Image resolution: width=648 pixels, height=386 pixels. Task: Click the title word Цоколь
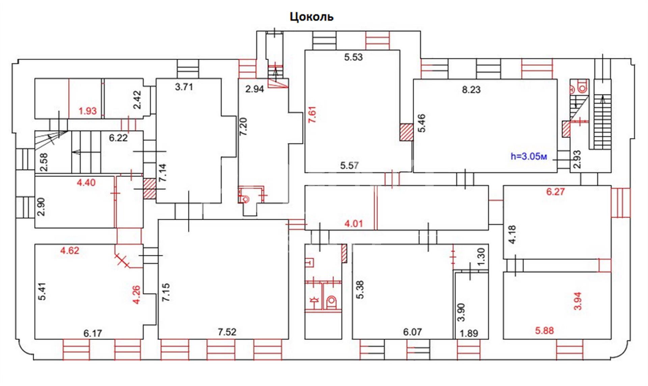(x=312, y=17)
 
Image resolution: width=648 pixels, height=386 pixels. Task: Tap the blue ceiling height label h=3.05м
(x=529, y=156)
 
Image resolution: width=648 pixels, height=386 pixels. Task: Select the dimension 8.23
(x=471, y=90)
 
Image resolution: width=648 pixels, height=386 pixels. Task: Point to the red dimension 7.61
(x=313, y=115)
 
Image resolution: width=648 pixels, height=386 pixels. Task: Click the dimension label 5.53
(x=353, y=57)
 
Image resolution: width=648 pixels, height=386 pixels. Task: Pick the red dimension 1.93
(x=87, y=111)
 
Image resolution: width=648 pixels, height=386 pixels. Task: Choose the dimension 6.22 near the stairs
(x=118, y=138)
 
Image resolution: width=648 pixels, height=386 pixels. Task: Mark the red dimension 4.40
(x=86, y=183)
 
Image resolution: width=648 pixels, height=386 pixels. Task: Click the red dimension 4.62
(x=70, y=250)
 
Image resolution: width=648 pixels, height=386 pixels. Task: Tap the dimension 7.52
(x=227, y=332)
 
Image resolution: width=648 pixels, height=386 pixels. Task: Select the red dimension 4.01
(x=353, y=224)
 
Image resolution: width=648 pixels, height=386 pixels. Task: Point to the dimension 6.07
(x=412, y=332)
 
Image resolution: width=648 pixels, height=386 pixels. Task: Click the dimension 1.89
(x=469, y=333)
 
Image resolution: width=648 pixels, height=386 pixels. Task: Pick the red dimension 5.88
(x=544, y=331)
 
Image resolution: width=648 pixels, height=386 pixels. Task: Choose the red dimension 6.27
(x=555, y=192)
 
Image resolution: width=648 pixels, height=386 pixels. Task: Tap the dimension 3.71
(x=184, y=87)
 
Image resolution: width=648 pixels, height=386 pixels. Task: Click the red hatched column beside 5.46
(x=406, y=132)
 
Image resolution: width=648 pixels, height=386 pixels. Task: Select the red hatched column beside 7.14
(x=150, y=188)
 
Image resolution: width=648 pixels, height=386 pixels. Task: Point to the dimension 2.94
(x=254, y=89)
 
